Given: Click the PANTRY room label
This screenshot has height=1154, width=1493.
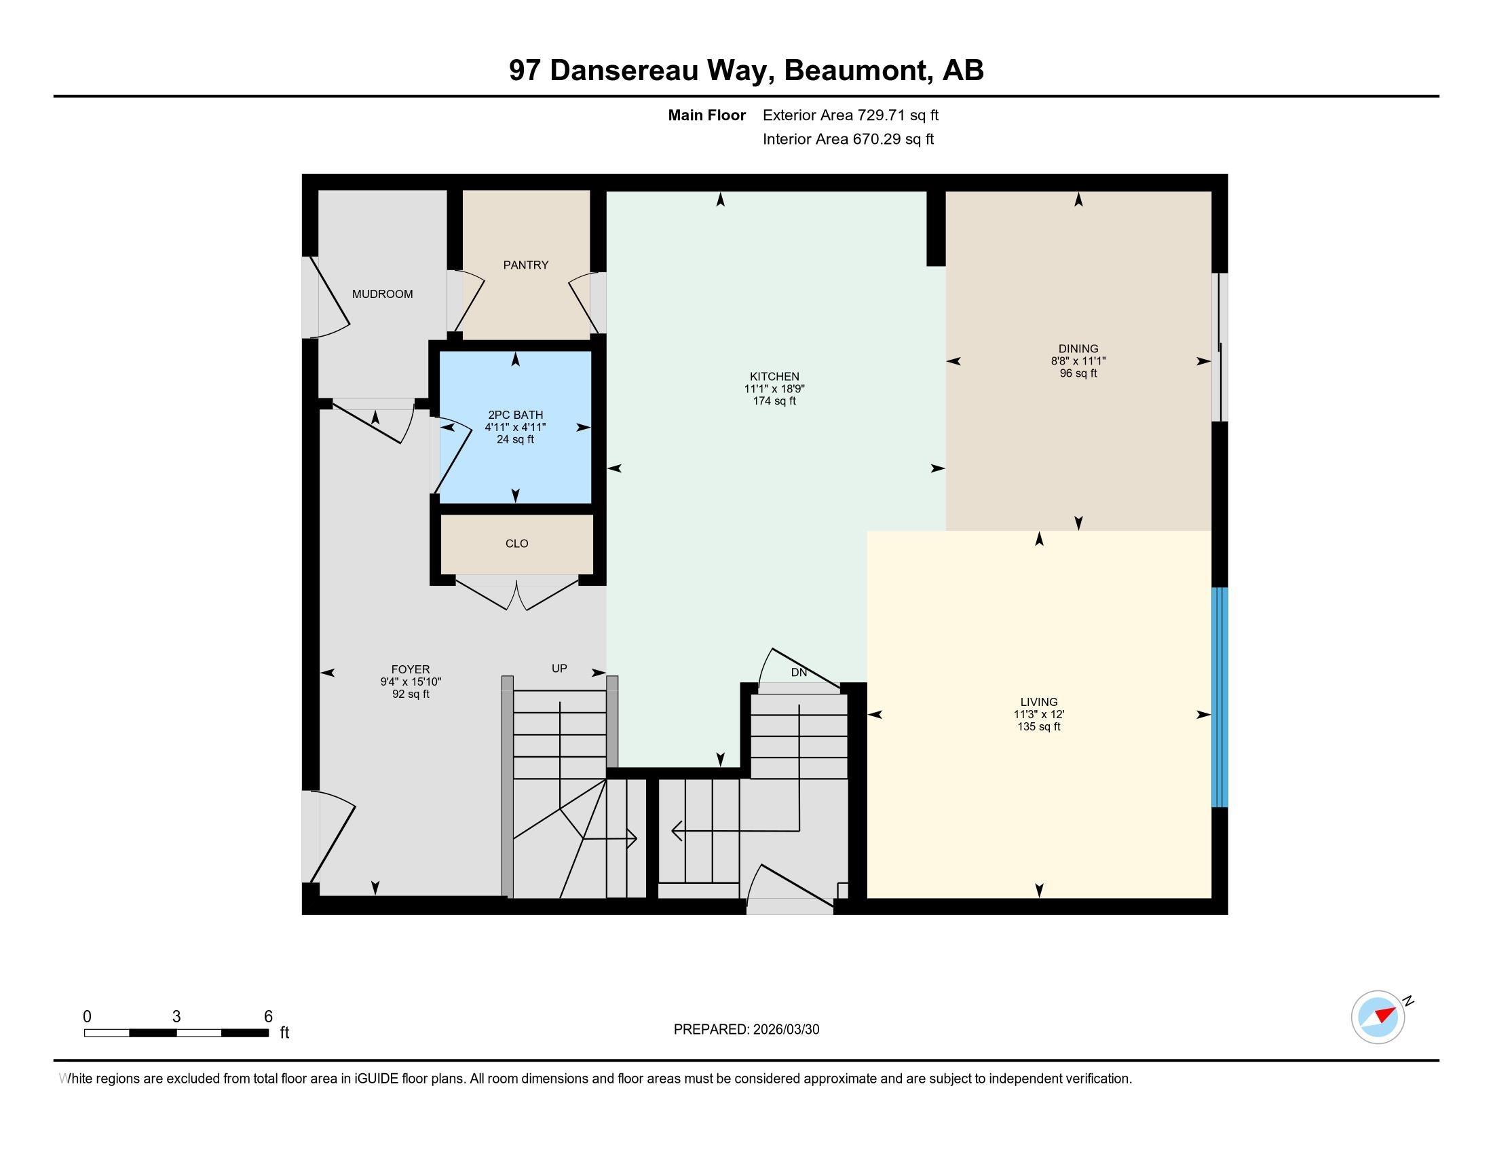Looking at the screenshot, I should (x=526, y=265).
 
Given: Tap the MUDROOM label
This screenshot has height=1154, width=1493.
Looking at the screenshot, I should (x=382, y=294).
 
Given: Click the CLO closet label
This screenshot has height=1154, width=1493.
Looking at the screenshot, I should (x=517, y=544).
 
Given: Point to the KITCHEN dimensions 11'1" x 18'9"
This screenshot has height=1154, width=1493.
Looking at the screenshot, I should (x=774, y=389).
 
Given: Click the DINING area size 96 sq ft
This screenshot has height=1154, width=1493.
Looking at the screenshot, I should (x=1078, y=373).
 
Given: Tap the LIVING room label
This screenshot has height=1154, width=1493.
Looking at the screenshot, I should (x=1038, y=702).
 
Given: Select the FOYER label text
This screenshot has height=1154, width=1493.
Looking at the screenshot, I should (x=410, y=669).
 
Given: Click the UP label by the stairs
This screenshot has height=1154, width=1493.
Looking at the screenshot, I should (x=559, y=669).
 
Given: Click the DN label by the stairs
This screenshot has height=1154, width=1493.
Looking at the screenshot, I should (x=799, y=673).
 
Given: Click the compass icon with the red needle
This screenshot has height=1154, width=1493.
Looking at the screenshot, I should (x=1378, y=1017).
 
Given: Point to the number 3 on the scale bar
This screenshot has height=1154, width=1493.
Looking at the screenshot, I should (x=176, y=1017).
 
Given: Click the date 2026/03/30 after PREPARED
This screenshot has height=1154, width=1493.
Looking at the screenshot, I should (x=785, y=1030).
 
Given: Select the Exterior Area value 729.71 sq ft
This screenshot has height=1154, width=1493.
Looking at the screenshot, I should (x=898, y=115).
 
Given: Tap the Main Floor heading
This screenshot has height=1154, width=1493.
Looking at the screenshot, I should (x=706, y=115).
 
